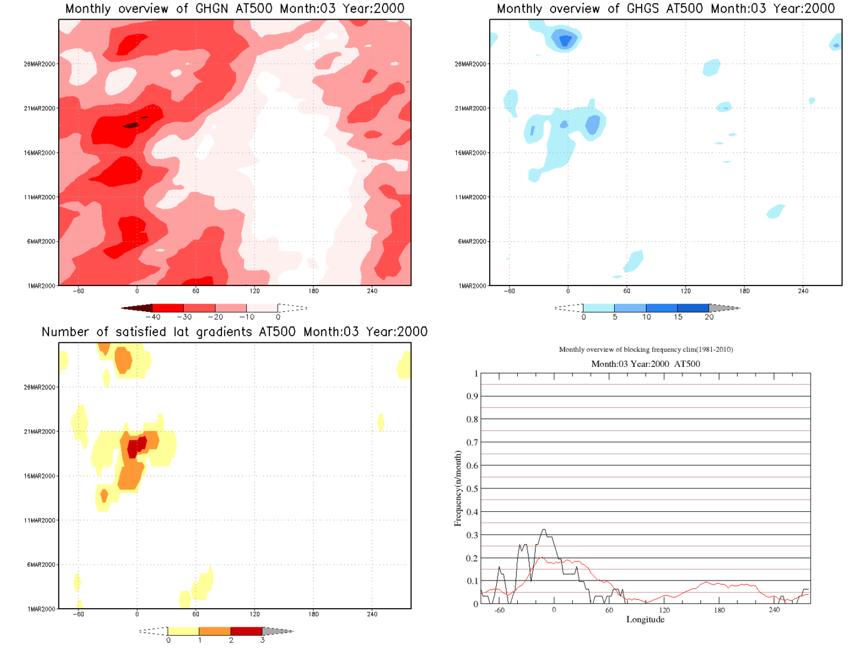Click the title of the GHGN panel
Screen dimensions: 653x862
(235, 8)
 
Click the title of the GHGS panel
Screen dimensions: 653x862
(666, 8)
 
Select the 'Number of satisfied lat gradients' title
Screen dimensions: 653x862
(235, 332)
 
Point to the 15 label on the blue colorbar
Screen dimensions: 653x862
(678, 317)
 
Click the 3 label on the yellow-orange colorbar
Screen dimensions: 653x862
(262, 640)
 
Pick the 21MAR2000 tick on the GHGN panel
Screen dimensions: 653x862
(40, 108)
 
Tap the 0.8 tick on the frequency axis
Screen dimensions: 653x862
(472, 419)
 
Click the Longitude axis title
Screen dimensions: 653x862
(645, 619)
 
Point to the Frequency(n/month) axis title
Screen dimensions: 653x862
(458, 488)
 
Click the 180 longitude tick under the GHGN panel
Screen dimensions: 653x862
(313, 291)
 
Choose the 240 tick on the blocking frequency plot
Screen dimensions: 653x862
(774, 610)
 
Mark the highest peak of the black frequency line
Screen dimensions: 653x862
(544, 530)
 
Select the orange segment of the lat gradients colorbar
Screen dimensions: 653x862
(214, 631)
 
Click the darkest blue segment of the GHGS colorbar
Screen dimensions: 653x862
(693, 308)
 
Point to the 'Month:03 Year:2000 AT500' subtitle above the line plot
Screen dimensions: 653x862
(645, 364)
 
